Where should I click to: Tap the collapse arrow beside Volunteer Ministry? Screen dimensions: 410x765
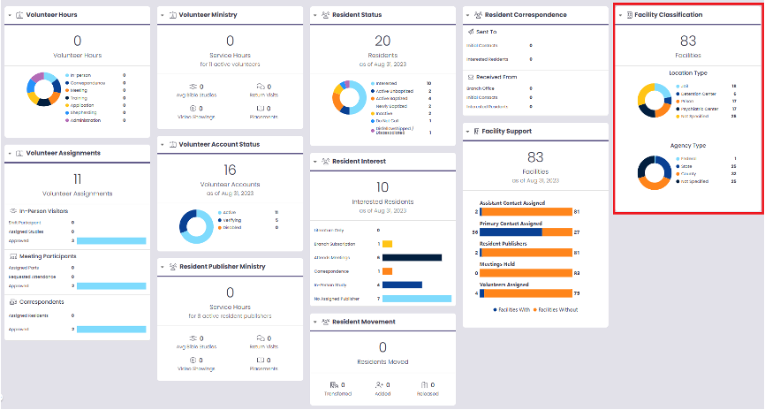pos(161,16)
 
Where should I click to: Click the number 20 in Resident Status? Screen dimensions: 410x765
pos(382,41)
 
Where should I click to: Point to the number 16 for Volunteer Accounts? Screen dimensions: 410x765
pos(230,170)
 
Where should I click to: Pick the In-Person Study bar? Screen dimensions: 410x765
pos(402,285)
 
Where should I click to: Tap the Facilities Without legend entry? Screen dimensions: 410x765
pos(556,310)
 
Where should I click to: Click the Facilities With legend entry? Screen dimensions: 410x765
pos(511,310)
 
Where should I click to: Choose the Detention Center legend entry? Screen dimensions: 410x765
pos(697,93)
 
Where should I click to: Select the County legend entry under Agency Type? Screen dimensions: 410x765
pos(687,173)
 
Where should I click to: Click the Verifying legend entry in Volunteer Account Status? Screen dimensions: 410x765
pos(231,220)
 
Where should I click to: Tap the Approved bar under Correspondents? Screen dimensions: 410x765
pos(110,330)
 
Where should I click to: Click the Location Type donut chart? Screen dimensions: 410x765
pos(655,99)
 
